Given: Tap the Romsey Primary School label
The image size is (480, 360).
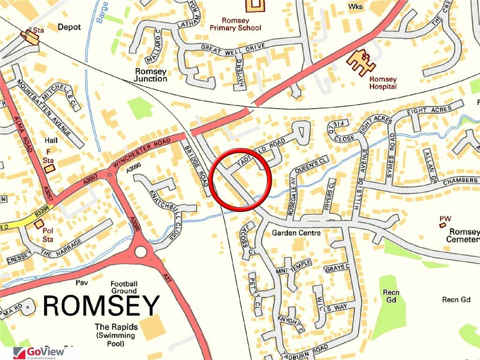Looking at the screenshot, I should click(242, 24).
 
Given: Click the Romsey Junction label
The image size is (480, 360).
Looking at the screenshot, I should click(151, 75).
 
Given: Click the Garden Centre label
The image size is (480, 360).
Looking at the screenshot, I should click(296, 233).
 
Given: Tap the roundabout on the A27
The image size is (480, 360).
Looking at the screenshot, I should click(140, 252).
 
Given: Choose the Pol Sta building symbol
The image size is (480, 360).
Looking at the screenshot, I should click(38, 225).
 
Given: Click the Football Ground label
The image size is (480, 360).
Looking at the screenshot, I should click(124, 287).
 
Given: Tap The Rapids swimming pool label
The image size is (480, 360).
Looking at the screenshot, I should click(115, 335).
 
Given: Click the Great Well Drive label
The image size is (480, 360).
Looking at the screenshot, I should click(233, 46).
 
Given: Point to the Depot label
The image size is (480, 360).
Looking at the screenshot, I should click(69, 27).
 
